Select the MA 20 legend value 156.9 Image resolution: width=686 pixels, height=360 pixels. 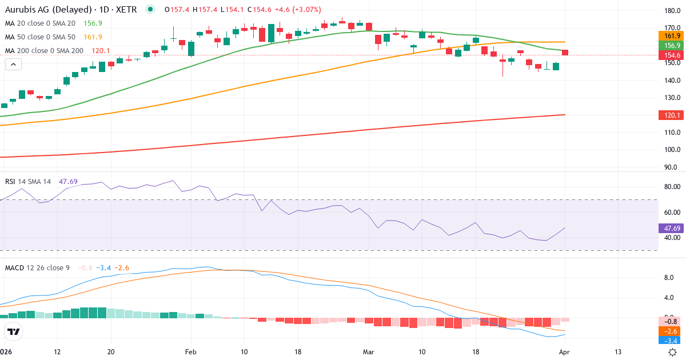pyautogui.click(x=93, y=23)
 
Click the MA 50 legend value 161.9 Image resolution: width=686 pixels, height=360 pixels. pyautogui.click(x=93, y=37)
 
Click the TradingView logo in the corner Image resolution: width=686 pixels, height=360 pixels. pyautogui.click(x=13, y=331)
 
